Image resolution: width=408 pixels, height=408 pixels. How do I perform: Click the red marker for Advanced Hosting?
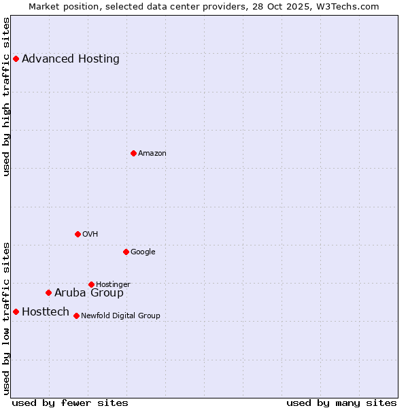(16, 58)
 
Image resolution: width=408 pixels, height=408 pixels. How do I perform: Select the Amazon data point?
(133, 153)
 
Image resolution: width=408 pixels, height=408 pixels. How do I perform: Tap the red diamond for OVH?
(78, 234)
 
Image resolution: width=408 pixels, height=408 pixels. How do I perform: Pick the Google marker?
(126, 252)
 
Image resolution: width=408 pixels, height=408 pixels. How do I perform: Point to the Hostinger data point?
(91, 284)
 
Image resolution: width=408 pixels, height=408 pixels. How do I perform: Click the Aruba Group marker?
(48, 292)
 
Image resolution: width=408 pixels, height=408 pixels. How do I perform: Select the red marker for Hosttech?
(16, 311)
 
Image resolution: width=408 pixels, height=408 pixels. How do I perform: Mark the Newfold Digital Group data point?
(76, 316)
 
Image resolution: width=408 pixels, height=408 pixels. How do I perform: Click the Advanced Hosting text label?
(70, 58)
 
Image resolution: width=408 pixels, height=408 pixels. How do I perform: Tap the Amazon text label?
(152, 154)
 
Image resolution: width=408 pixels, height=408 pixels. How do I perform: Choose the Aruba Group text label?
(89, 293)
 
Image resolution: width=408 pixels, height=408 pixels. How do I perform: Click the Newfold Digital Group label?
(120, 316)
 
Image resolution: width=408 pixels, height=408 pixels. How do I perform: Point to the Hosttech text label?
(46, 312)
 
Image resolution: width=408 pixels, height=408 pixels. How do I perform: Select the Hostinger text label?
(113, 284)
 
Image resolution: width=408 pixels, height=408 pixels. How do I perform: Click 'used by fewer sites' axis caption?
(70, 403)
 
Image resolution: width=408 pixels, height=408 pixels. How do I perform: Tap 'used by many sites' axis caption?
(341, 403)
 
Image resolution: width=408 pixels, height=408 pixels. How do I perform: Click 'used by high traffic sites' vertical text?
(6, 97)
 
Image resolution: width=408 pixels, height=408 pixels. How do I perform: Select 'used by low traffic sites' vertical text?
(6, 318)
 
